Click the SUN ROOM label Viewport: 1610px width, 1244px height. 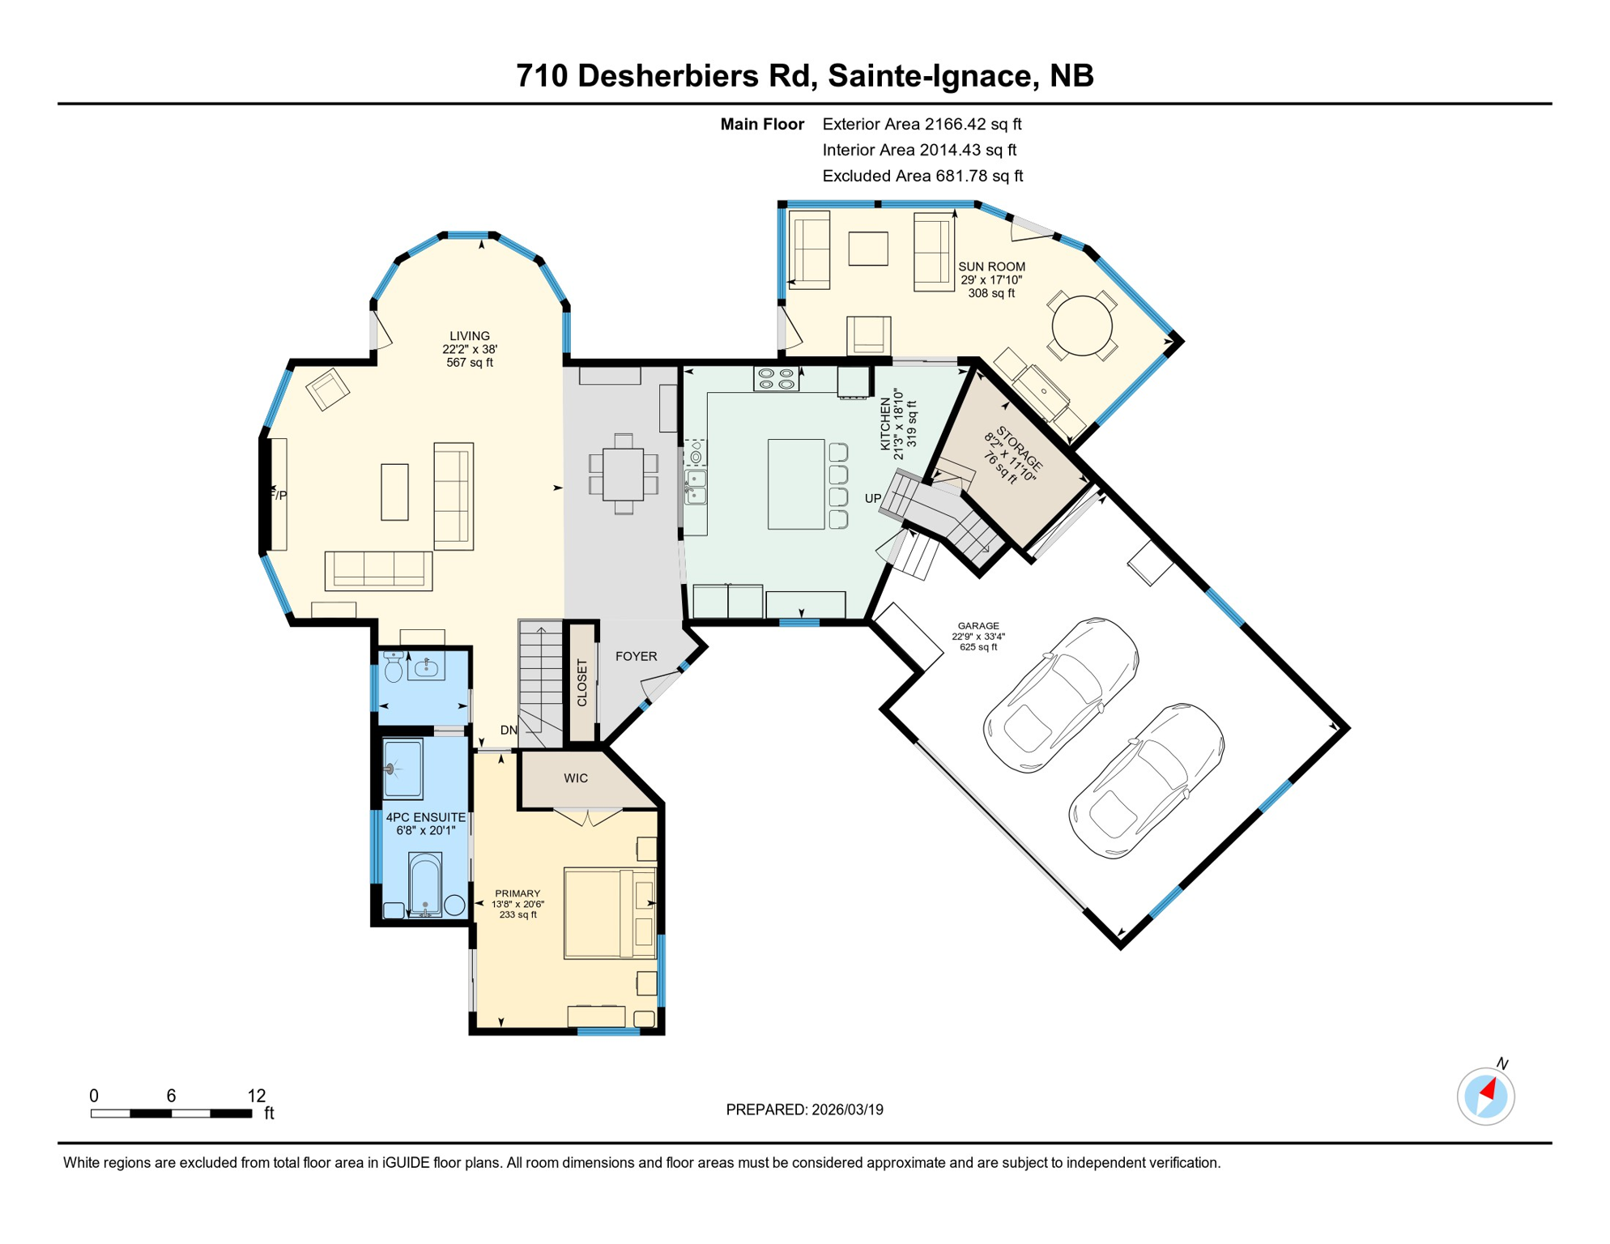[x=991, y=266]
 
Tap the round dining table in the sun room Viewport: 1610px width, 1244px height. [x=1082, y=327]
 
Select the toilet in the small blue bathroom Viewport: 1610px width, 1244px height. [x=394, y=667]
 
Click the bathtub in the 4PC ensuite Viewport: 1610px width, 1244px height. [x=424, y=884]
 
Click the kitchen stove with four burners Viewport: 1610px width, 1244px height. [x=776, y=378]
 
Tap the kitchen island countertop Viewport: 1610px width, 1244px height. [x=795, y=484]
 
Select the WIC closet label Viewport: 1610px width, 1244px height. [x=576, y=778]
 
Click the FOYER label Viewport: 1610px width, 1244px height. [x=636, y=656]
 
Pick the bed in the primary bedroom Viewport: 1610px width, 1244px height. [x=609, y=913]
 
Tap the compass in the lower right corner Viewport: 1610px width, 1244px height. [x=1485, y=1097]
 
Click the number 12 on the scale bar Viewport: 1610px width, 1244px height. [x=256, y=1096]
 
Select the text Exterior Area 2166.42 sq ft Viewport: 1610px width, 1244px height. [x=922, y=124]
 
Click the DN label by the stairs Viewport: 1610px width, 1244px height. [x=509, y=730]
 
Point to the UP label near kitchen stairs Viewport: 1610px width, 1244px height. [x=872, y=498]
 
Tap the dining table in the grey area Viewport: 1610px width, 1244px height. [x=623, y=475]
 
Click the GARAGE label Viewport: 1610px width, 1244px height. [x=978, y=626]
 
